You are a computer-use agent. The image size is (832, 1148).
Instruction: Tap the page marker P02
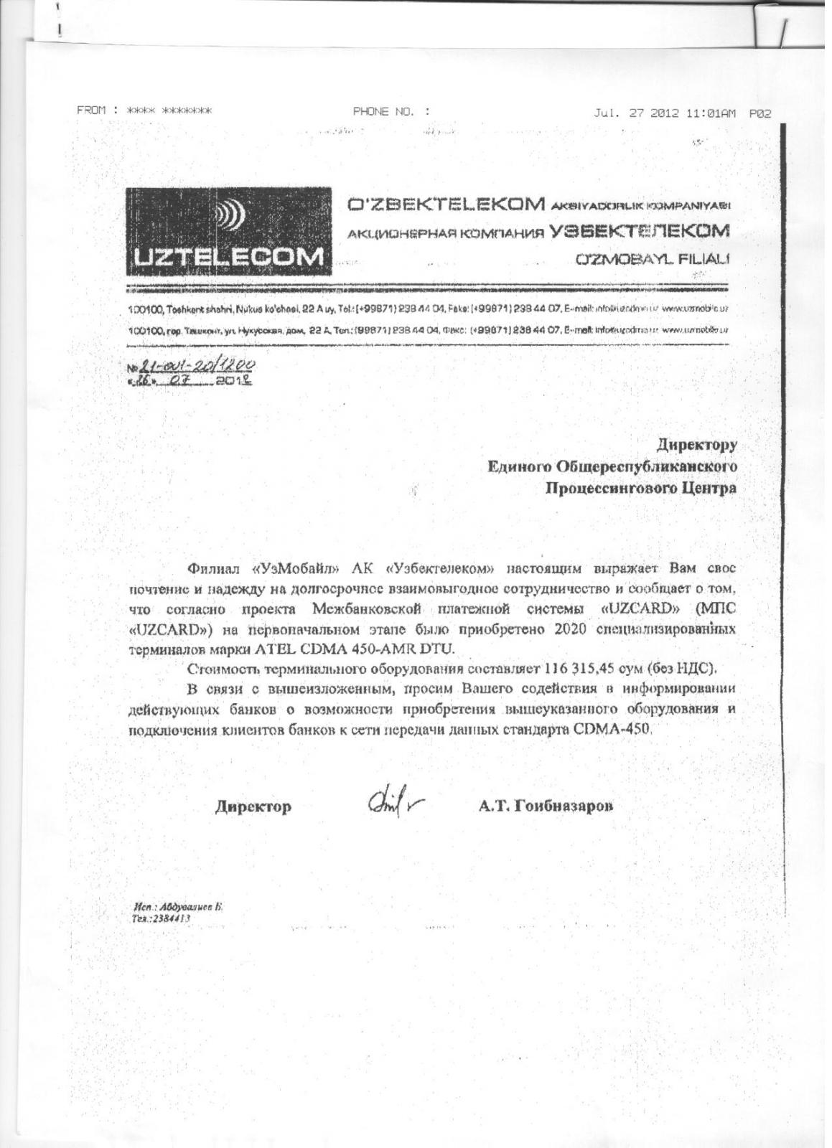[760, 113]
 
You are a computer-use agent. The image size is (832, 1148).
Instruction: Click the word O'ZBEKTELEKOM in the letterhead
[445, 205]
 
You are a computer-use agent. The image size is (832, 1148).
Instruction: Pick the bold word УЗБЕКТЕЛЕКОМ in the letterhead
[639, 231]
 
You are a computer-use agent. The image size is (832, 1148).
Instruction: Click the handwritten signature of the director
[392, 803]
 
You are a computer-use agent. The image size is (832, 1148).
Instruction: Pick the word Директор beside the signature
[253, 807]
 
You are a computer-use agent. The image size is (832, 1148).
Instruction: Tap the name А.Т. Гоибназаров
[546, 806]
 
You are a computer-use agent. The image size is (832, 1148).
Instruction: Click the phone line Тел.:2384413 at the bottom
[161, 918]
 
